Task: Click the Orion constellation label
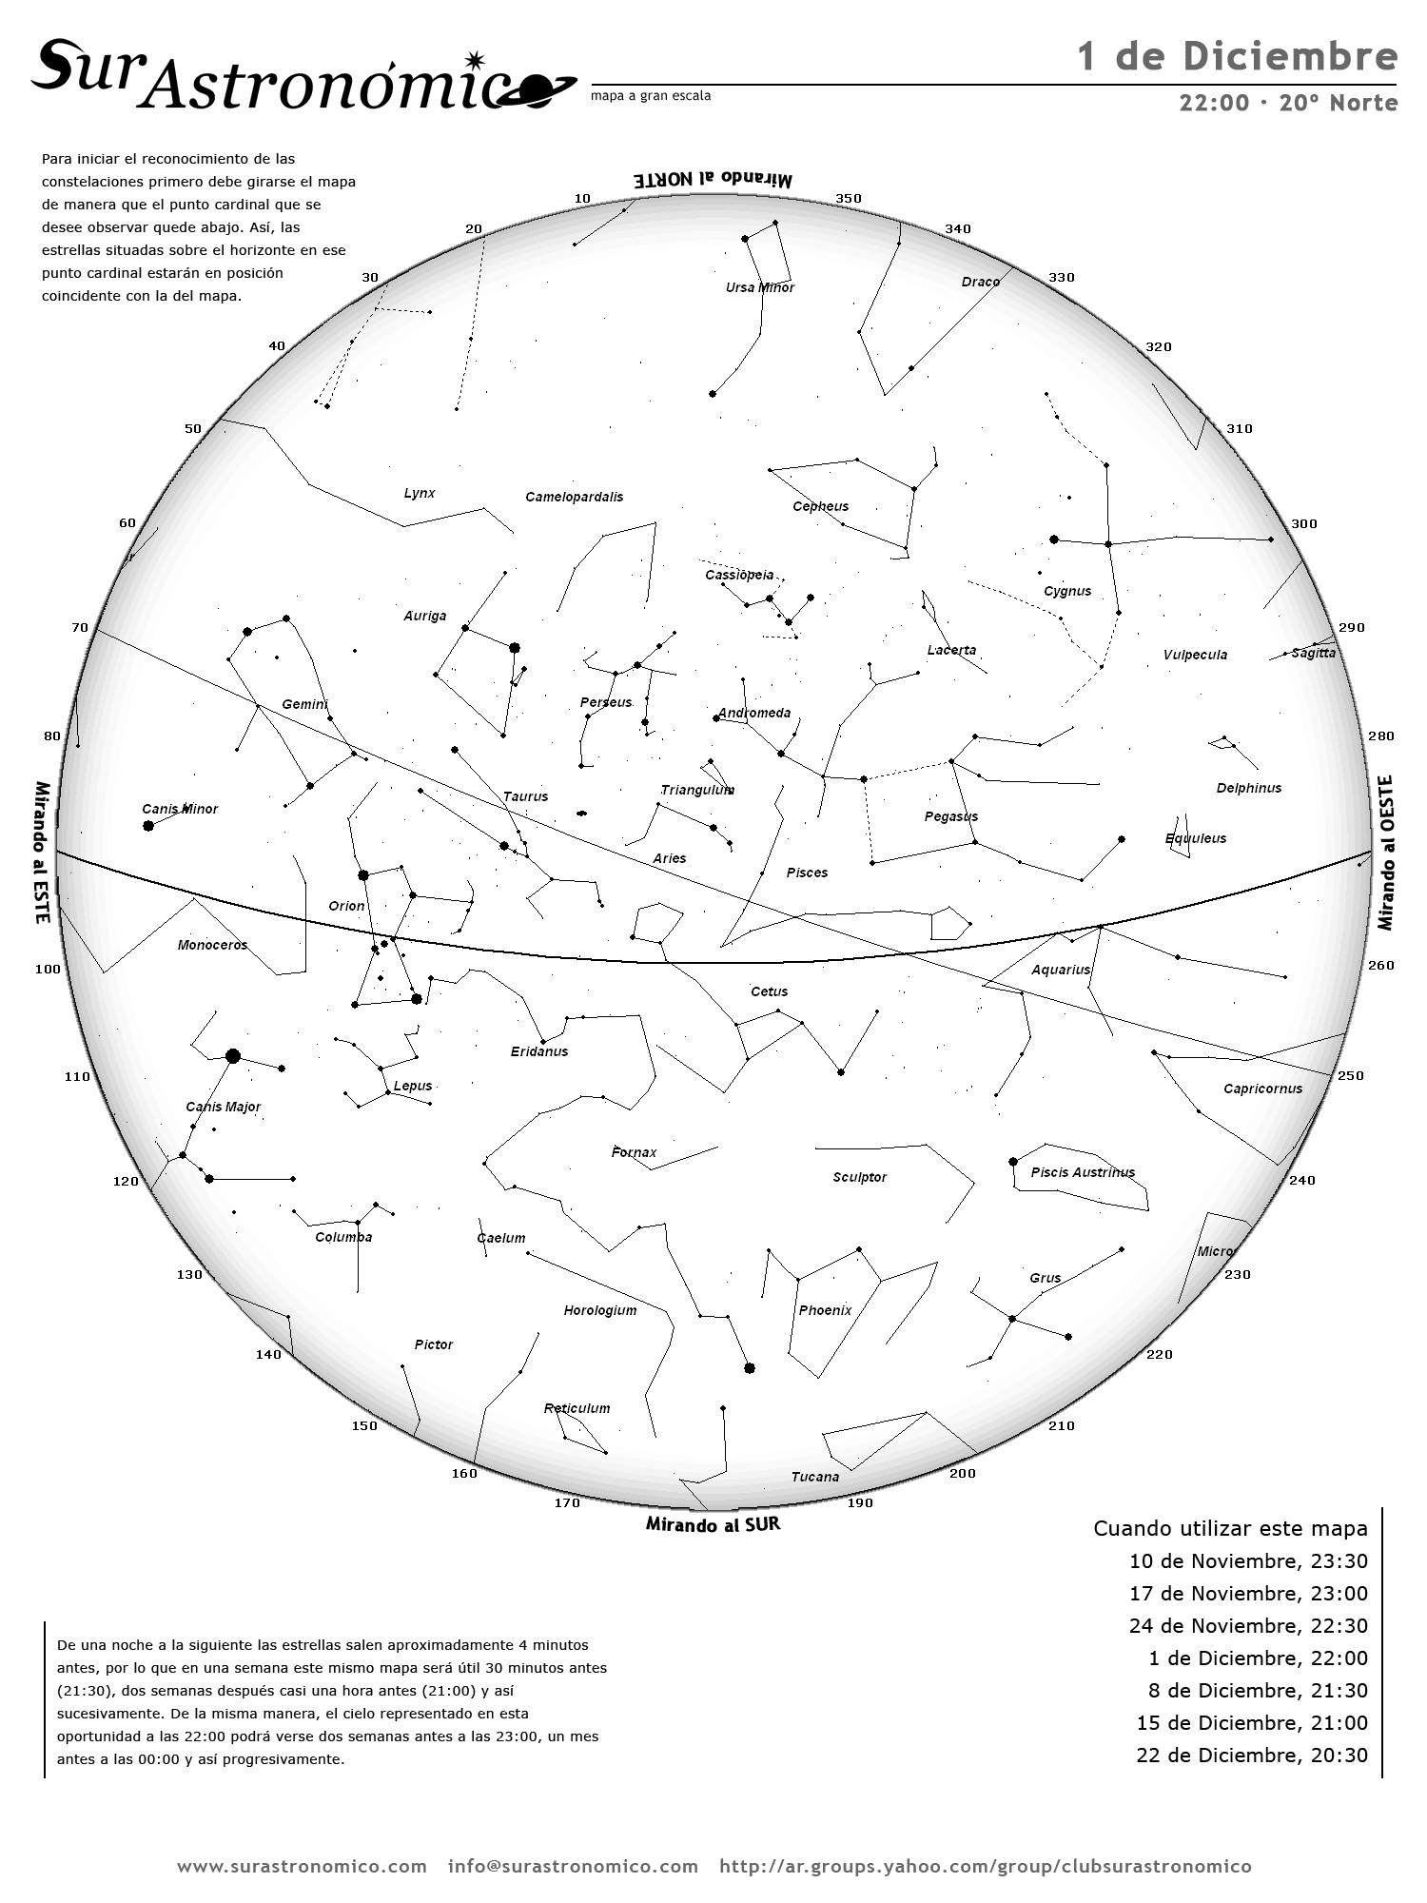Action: (x=346, y=906)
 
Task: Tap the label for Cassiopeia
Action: (x=739, y=575)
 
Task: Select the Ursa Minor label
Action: (x=759, y=287)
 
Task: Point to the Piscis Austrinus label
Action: (x=1083, y=1172)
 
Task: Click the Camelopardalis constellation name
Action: (x=575, y=497)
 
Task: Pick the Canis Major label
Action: (x=223, y=1107)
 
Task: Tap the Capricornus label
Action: (x=1262, y=1089)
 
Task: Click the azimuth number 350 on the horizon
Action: (x=848, y=199)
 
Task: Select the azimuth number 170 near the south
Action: (x=567, y=1503)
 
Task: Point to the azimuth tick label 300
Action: (x=1303, y=523)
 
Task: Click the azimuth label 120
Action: (x=126, y=1181)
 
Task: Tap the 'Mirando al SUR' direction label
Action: (x=713, y=1524)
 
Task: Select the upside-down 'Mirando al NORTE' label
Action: (x=713, y=179)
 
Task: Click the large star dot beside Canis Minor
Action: (x=148, y=826)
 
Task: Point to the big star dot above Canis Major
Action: (x=233, y=1056)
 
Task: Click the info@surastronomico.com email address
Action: (x=573, y=1866)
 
